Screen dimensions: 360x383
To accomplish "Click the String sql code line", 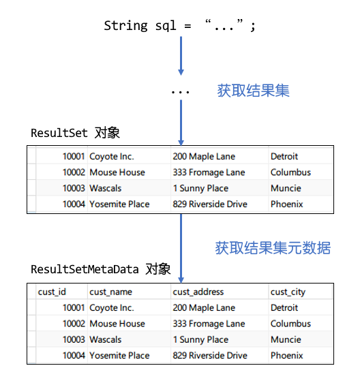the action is point(179,26).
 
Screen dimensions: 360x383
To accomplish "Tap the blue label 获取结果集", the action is point(253,91).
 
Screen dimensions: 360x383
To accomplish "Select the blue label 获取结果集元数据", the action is point(273,248).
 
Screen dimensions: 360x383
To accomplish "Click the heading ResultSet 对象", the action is point(75,133).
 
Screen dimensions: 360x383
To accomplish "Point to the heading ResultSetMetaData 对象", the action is point(101,269).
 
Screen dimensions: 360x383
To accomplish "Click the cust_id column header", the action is point(52,292).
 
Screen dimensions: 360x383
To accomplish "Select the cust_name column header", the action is point(110,292).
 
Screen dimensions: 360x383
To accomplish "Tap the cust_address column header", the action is point(198,292).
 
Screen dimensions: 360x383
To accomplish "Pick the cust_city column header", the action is point(288,292).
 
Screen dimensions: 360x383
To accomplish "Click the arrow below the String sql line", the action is point(181,56).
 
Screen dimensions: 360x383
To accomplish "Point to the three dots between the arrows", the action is point(181,92).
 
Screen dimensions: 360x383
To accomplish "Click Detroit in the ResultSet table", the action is point(284,156).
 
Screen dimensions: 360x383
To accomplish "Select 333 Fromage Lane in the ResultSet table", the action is point(209,172).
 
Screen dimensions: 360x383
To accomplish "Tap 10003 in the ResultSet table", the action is point(74,188).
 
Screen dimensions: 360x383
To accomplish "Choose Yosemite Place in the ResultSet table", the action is point(119,204).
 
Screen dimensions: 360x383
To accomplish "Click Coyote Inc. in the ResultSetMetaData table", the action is point(112,308).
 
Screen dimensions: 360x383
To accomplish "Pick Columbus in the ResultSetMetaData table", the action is point(291,324).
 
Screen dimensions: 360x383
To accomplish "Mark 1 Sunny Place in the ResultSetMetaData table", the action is point(200,340).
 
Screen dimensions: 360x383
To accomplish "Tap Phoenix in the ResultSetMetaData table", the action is point(287,355).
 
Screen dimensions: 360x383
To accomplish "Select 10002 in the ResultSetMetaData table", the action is point(74,324).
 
